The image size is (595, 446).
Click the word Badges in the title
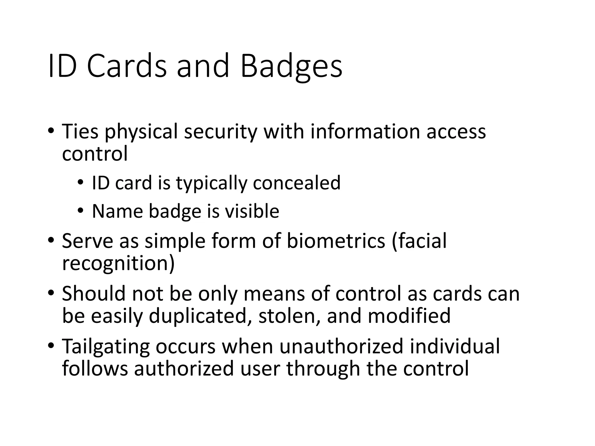coord(291,66)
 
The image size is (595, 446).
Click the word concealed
coord(297,183)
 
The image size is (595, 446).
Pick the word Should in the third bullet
coord(94,294)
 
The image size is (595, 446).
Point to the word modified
coord(409,316)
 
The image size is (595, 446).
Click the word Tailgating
coord(106,347)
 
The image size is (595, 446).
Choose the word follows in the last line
coord(95,368)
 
